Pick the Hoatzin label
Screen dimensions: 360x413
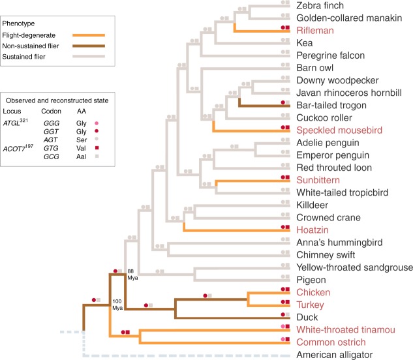(x=312, y=229)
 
